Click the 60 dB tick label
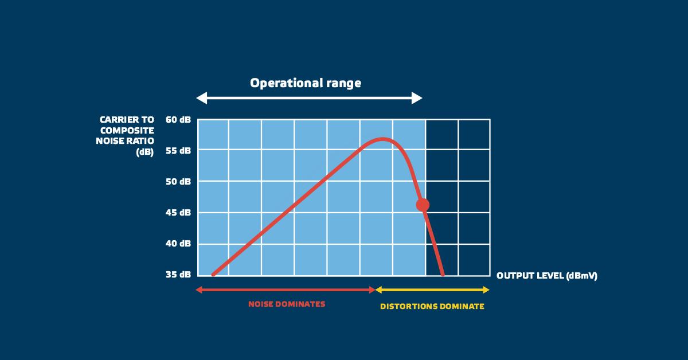coord(178,119)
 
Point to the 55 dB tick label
coord(178,151)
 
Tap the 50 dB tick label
coord(178,182)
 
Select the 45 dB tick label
coord(178,213)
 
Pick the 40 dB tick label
coord(178,244)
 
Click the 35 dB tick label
coord(178,275)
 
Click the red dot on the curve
coord(423,205)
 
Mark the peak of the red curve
coord(382,139)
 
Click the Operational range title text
coord(306,83)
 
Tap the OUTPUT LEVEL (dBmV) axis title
coord(547,276)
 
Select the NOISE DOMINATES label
coord(287,304)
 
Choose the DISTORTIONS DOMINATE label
coord(432,306)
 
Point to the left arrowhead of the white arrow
coord(201,98)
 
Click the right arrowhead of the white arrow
coord(417,98)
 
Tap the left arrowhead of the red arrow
coord(199,289)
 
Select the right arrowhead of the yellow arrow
coord(486,289)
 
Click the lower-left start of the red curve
coord(213,275)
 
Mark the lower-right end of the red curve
coord(443,275)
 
